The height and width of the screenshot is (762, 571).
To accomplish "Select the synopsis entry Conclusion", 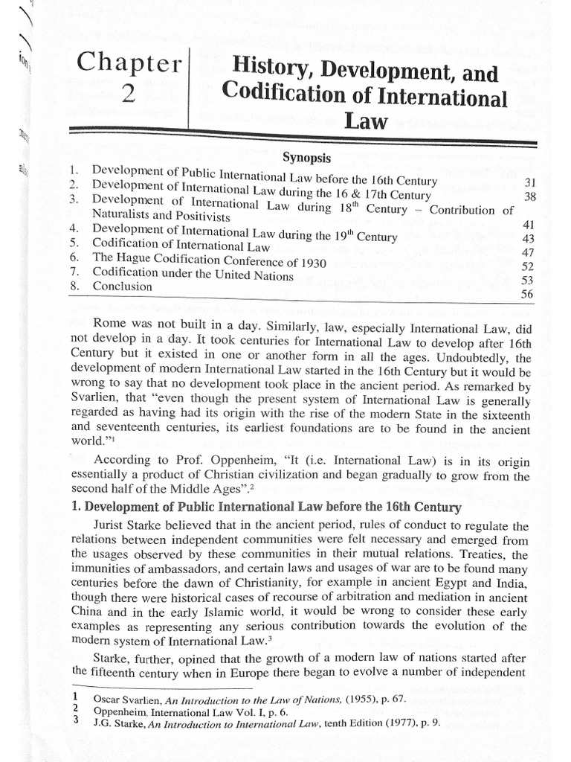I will click(x=123, y=286).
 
